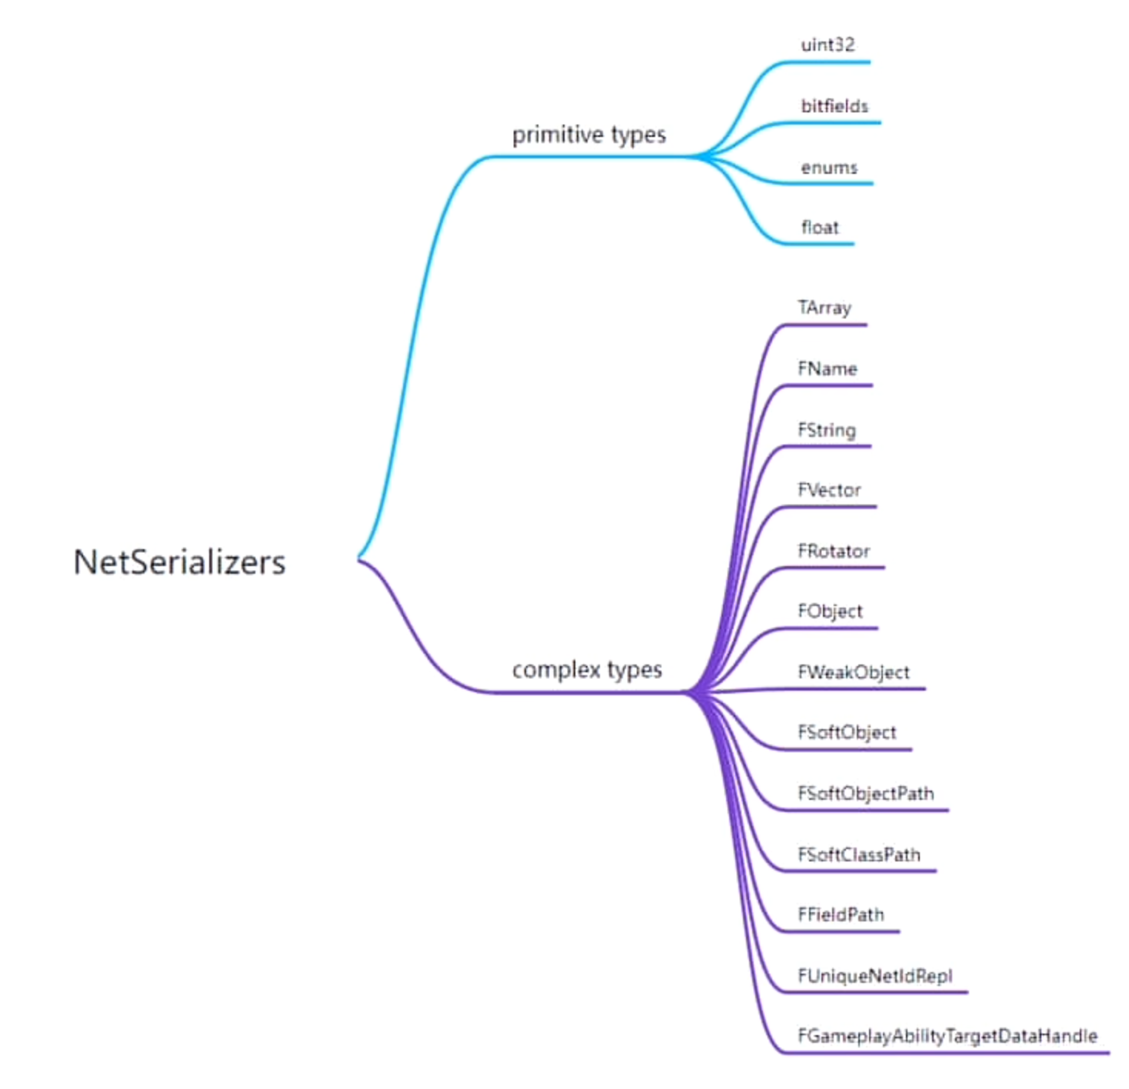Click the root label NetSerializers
(179, 562)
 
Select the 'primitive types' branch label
(588, 135)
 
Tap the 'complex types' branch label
(587, 670)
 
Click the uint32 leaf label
(828, 45)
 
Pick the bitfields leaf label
(834, 106)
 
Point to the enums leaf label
(829, 167)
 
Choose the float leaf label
(820, 228)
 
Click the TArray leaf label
(824, 308)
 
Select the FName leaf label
(828, 369)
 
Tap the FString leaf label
(827, 430)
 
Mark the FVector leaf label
(829, 490)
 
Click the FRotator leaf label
(834, 551)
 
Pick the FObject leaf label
(830, 611)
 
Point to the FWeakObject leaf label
(854, 672)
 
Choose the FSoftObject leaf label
(847, 732)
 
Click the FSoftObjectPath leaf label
(866, 794)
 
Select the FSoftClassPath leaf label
(859, 854)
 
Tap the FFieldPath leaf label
(841, 914)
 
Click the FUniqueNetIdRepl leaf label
(875, 976)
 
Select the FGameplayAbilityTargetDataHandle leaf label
(947, 1036)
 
